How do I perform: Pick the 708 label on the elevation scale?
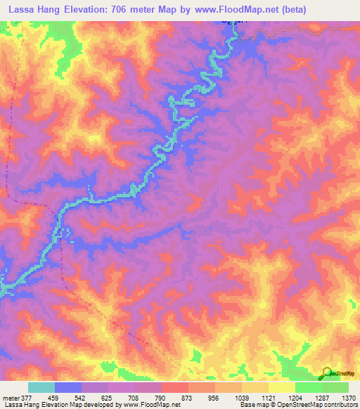tap(146, 398)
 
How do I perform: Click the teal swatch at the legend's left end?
tap(41, 387)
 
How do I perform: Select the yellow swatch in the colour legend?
tap(281, 387)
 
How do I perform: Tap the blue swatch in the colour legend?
tap(67, 387)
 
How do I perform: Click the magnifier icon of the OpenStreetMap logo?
tap(328, 373)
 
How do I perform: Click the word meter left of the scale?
tap(10, 398)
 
